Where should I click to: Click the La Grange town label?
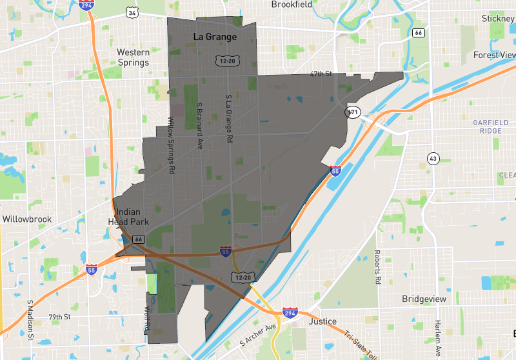[x=215, y=37]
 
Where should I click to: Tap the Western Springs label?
[x=133, y=57]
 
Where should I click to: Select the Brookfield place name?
[x=292, y=5]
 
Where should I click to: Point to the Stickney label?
[x=498, y=19]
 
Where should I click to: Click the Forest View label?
[x=495, y=55]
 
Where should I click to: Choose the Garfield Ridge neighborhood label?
[x=490, y=126]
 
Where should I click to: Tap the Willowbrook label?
[x=26, y=219]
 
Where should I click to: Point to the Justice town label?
[x=322, y=321]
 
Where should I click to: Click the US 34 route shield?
[x=132, y=12]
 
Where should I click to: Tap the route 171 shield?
[x=352, y=112]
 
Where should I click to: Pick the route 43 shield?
[x=433, y=158]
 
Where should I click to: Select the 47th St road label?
[x=320, y=74]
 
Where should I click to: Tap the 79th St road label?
[x=59, y=317]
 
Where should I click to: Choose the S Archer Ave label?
[x=257, y=334]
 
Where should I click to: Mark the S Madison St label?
[x=30, y=319]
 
